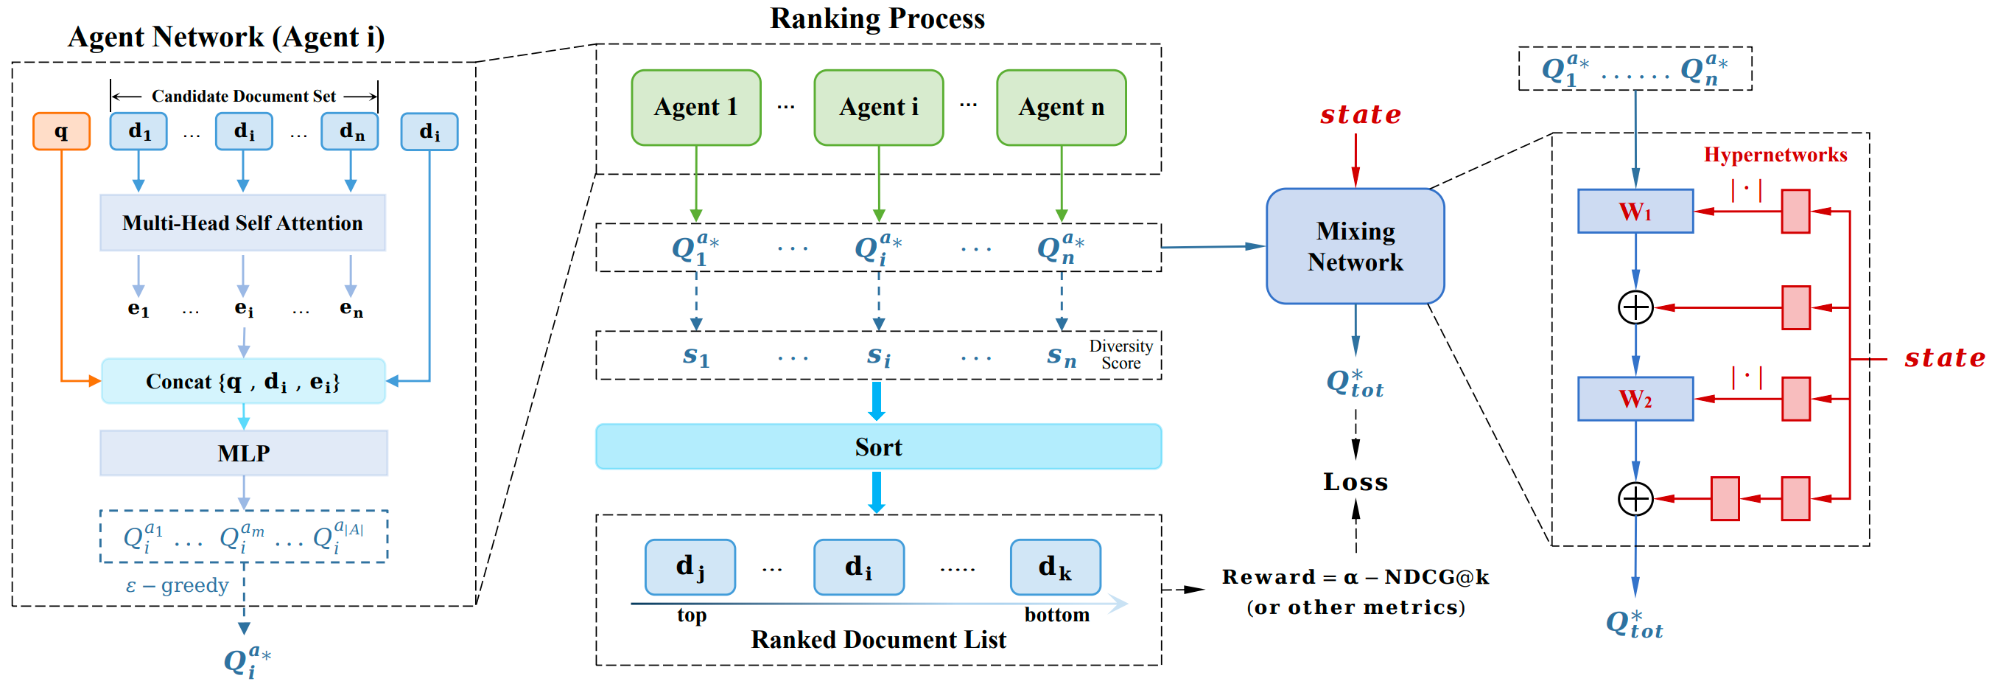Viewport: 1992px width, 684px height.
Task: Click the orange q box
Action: tap(61, 131)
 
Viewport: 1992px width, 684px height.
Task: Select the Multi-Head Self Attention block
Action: tap(243, 223)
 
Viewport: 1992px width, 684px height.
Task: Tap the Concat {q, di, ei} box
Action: tap(243, 380)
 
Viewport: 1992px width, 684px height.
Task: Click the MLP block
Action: tap(244, 453)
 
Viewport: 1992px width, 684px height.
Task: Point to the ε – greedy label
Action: tap(177, 585)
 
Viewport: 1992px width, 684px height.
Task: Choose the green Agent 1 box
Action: tap(696, 108)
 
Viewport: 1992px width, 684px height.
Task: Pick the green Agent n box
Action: tap(1061, 108)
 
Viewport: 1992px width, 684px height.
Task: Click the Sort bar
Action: tap(878, 447)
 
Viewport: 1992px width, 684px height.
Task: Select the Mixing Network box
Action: tap(1355, 246)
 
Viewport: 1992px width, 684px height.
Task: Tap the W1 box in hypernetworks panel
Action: tap(1635, 212)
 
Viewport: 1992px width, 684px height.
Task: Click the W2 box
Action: tap(1635, 399)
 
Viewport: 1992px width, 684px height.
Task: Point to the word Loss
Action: tap(1356, 482)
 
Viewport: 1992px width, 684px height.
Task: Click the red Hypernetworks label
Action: tap(1775, 155)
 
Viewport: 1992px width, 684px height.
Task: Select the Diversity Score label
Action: tap(1121, 355)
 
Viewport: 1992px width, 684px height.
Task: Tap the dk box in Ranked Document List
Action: tap(1056, 567)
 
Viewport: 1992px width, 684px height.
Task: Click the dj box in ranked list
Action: tap(690, 567)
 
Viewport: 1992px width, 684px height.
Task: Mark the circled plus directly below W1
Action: tap(1635, 307)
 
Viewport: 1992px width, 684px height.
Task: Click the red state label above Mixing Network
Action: tap(1360, 114)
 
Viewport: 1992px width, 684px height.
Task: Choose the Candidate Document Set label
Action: tap(244, 96)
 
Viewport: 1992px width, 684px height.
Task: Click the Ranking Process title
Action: tap(877, 18)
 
